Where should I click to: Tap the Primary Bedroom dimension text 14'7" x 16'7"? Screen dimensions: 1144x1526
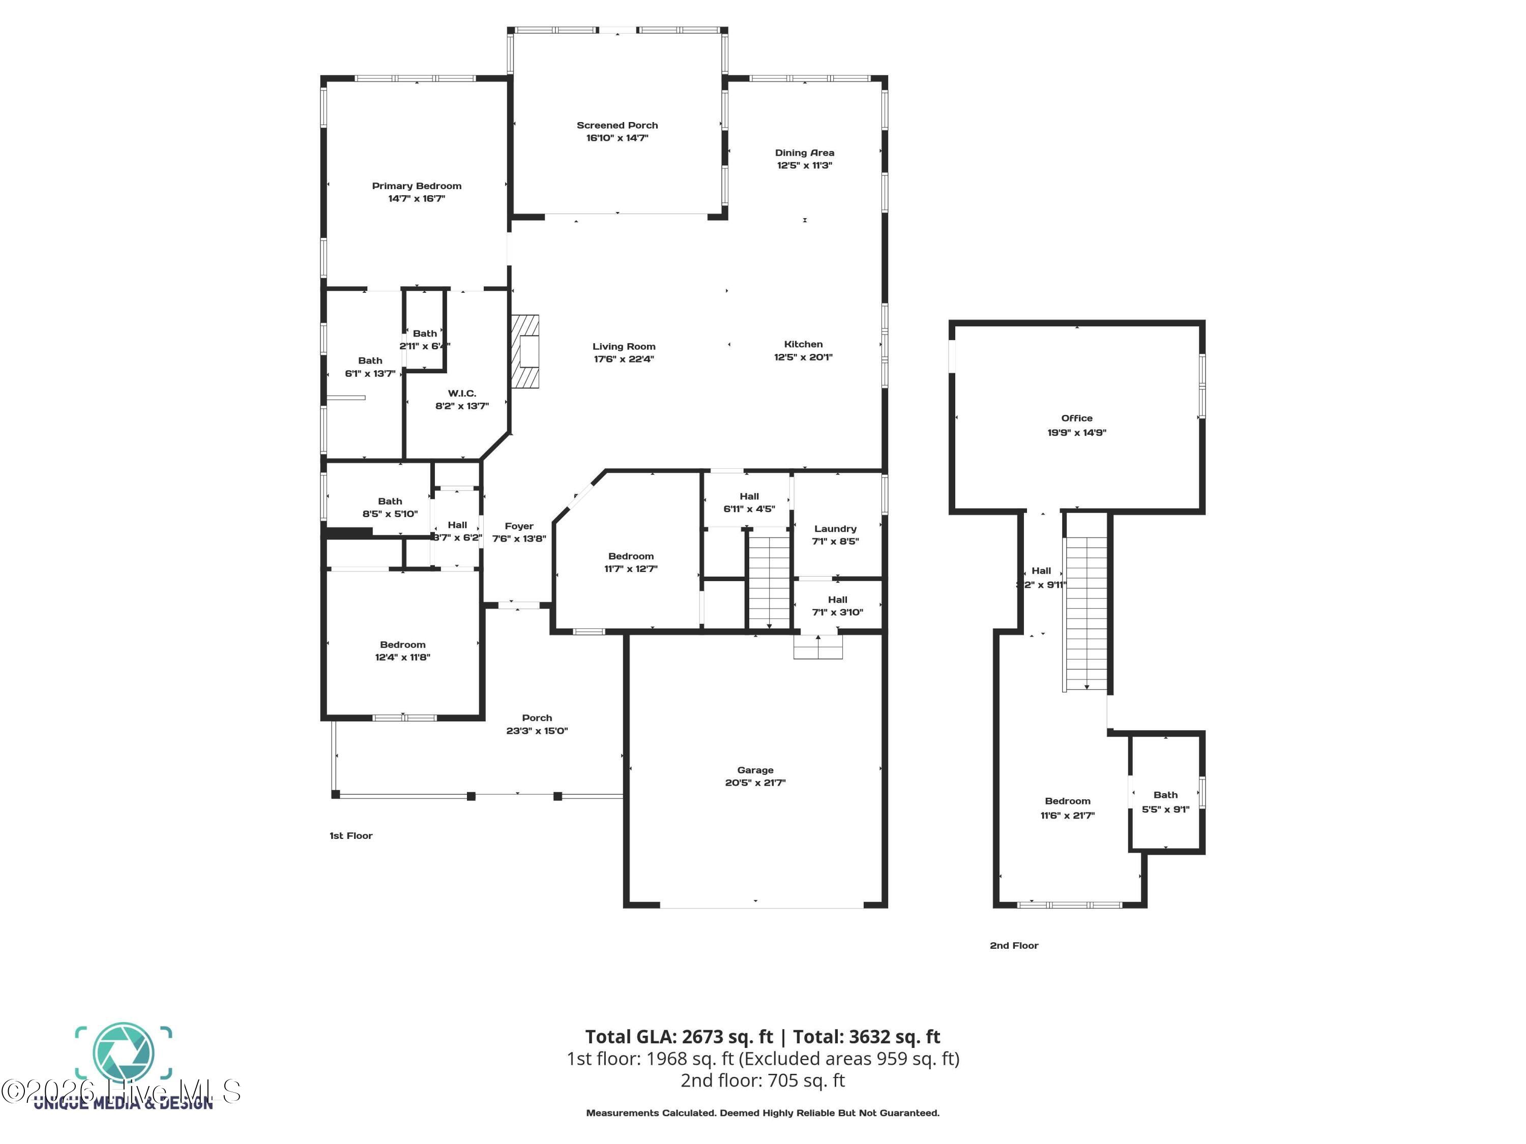[x=416, y=199]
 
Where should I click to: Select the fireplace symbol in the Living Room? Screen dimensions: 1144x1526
[x=525, y=352]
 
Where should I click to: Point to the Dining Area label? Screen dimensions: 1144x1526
[x=804, y=153]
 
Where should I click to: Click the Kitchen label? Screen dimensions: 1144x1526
[x=803, y=344]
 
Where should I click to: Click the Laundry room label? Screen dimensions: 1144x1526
[x=835, y=529]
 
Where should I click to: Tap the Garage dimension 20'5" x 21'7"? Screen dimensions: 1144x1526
[x=755, y=782]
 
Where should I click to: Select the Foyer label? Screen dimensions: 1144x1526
[x=519, y=526]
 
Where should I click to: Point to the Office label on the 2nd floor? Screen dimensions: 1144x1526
[x=1076, y=418]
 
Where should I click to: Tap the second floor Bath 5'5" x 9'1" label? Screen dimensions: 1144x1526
[x=1165, y=802]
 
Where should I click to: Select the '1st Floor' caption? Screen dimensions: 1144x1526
[x=350, y=836]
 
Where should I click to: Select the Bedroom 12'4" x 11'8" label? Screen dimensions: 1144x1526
[x=402, y=651]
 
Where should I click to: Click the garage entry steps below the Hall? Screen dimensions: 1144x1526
[x=817, y=647]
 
